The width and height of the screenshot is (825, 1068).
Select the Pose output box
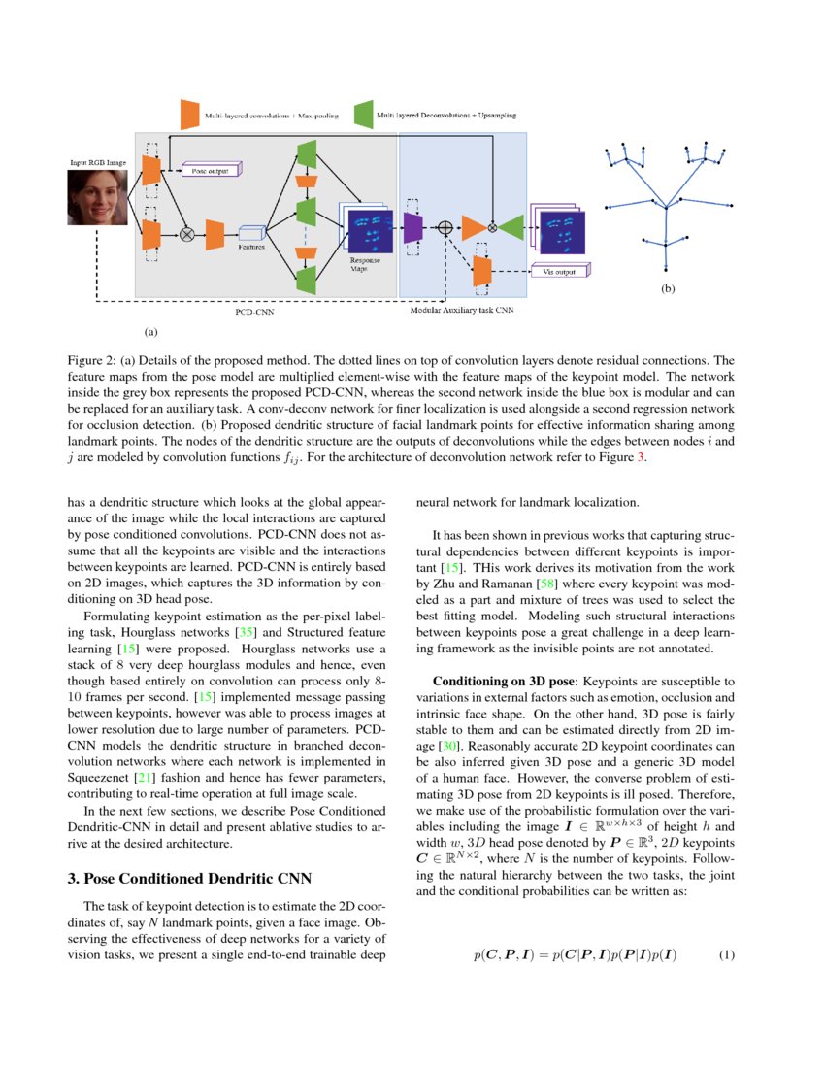coord(210,171)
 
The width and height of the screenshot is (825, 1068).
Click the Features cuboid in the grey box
coord(252,233)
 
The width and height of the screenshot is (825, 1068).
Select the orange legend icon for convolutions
coord(189,115)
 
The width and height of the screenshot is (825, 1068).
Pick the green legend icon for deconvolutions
coord(364,115)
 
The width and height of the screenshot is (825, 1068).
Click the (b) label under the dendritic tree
coord(667,288)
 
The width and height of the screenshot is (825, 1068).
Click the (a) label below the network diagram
coord(150,331)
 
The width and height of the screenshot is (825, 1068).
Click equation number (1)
coord(728,955)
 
